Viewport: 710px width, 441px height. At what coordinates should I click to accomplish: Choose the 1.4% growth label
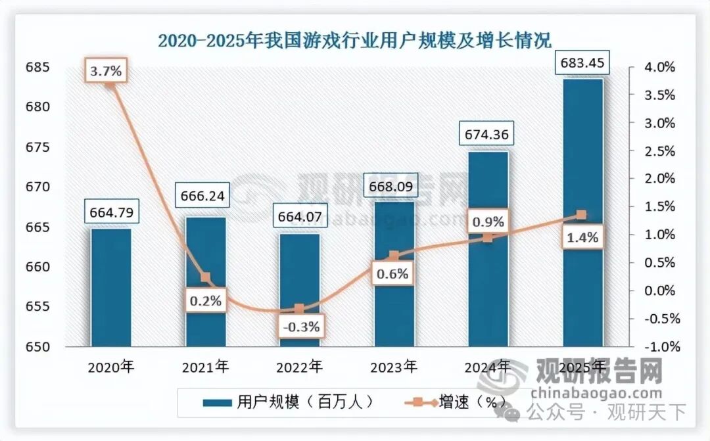[x=582, y=238]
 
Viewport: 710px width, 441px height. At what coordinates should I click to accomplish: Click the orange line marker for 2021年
[x=205, y=278]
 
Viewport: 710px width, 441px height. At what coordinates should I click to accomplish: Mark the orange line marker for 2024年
[x=488, y=237]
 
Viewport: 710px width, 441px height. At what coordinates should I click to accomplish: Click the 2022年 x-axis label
[x=300, y=366]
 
